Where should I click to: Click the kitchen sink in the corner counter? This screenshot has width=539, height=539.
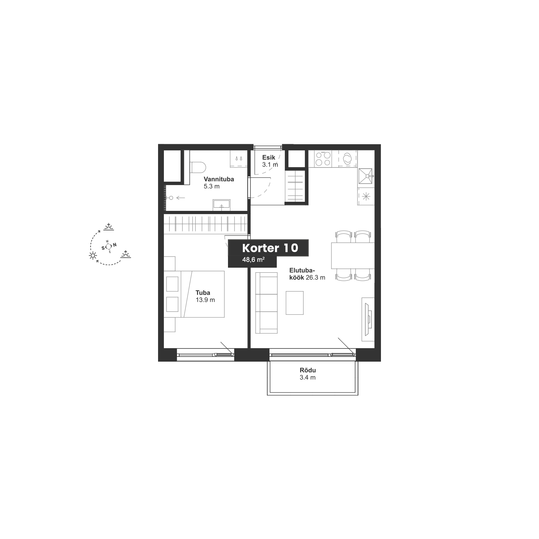coord(366,177)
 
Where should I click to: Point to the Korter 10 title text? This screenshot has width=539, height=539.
coord(270,248)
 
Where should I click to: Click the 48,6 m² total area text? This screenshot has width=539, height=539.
coord(253,260)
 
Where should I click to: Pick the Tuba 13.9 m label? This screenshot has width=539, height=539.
coord(205,296)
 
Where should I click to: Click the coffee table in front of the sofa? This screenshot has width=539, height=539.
coord(295,303)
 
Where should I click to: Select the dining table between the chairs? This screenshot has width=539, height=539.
coord(353,256)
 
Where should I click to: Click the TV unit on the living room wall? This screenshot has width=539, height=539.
coord(368,319)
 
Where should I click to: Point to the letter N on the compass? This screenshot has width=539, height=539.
coord(115,245)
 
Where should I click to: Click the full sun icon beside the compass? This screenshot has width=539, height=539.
coord(93,255)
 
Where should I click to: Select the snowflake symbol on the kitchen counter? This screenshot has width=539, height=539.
coord(366,197)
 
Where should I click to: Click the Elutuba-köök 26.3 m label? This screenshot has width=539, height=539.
coord(307,274)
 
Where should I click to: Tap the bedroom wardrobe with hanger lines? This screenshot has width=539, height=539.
coord(206,224)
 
